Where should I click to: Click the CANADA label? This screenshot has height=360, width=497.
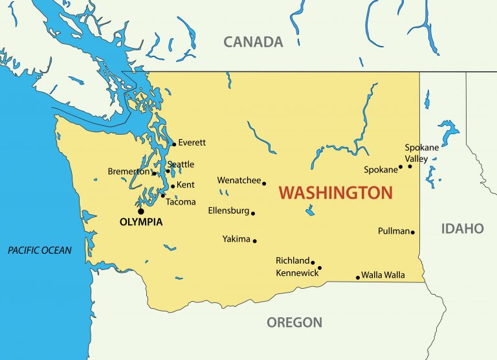(x=253, y=42)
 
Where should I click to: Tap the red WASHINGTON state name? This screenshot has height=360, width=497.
(x=335, y=192)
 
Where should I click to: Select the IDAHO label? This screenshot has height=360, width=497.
(x=462, y=229)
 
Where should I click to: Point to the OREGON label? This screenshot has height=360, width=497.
(x=294, y=322)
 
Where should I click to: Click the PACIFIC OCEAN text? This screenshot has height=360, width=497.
(x=39, y=251)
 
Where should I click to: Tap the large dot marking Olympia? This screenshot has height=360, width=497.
(x=140, y=211)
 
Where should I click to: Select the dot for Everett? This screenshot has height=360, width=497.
(x=174, y=144)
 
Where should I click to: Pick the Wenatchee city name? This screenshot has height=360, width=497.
(x=239, y=181)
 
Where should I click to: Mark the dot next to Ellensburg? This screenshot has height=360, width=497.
(x=253, y=213)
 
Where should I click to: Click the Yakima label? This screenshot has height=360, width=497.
(x=236, y=239)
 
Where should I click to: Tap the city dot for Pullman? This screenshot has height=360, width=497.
(x=412, y=232)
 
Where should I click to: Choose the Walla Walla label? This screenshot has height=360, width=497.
(x=383, y=275)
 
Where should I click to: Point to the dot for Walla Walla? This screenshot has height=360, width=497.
(x=358, y=278)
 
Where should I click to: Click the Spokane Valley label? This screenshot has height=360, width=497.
(x=421, y=153)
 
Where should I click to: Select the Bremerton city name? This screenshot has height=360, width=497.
(x=128, y=172)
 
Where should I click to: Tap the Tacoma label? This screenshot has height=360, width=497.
(x=181, y=202)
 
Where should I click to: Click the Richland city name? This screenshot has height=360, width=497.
(x=293, y=260)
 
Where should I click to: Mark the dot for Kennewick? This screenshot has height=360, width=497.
(x=320, y=268)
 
